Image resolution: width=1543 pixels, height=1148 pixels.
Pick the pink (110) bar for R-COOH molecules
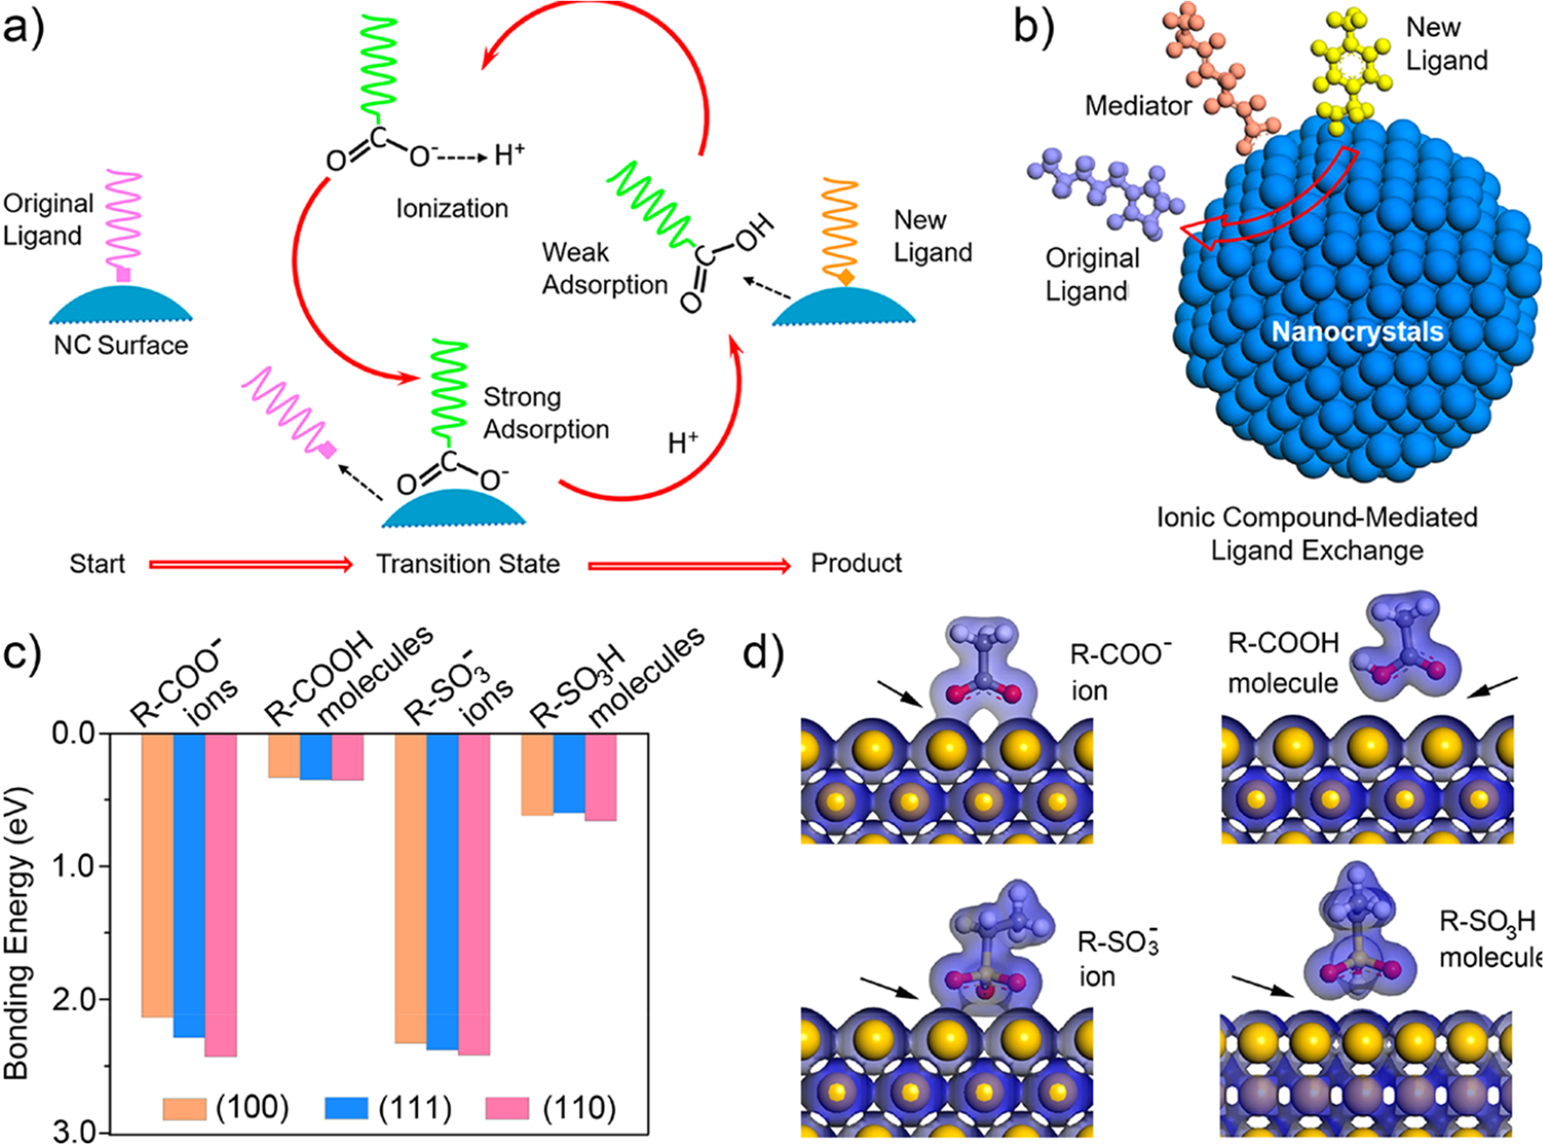[347, 757]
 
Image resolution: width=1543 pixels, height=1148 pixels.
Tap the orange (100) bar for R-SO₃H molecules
[537, 775]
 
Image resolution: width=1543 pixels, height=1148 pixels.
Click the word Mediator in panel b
[1138, 106]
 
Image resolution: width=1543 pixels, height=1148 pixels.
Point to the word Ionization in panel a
[452, 209]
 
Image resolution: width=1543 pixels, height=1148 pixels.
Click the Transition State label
[468, 564]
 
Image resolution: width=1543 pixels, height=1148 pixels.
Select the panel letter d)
[763, 653]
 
